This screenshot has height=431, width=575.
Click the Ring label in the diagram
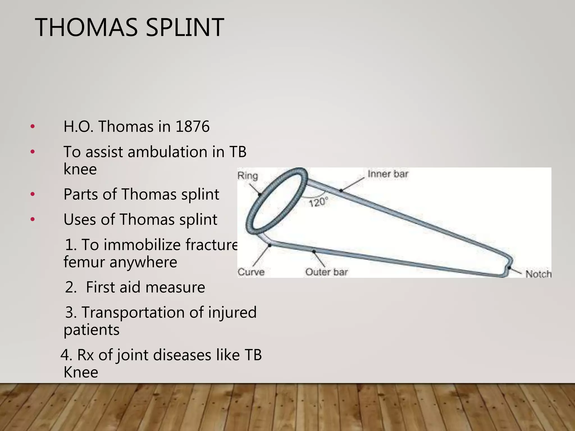248,176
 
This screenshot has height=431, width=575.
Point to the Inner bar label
388,174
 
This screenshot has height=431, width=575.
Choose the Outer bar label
327,272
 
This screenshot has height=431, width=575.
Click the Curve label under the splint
251,272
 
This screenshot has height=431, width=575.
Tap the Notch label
538,274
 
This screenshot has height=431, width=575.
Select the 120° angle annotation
318,202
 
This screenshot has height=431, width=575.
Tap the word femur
84,262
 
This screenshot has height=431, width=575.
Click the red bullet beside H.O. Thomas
33,127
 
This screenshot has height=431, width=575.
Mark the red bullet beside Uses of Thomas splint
33,219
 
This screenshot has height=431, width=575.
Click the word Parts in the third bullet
81,194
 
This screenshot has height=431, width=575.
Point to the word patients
92,330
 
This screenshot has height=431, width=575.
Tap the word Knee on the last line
81,372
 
